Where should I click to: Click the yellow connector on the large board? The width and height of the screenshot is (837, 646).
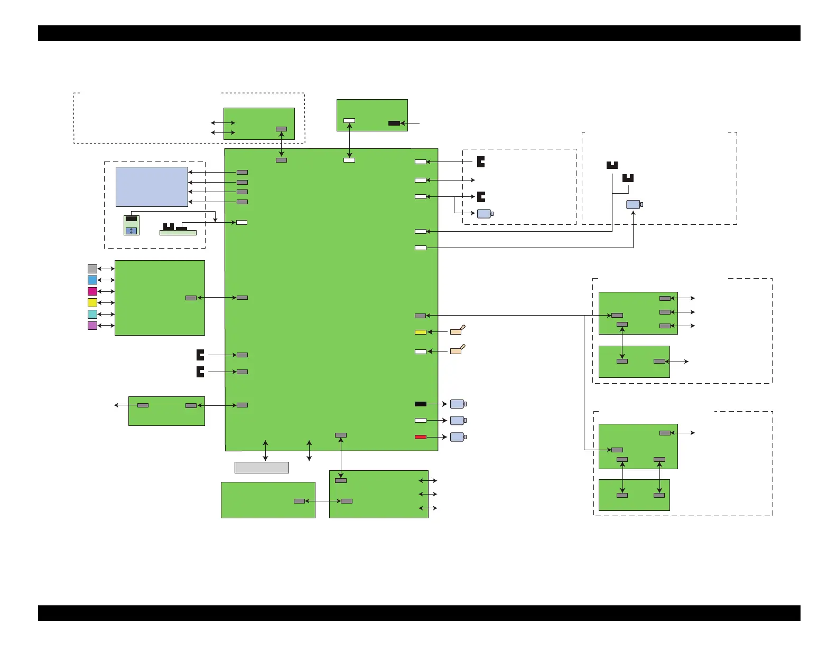421,332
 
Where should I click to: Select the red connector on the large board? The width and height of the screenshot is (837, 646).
421,437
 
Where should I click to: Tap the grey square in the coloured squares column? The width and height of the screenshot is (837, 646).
92,269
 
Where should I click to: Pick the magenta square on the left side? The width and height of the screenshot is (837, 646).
92,291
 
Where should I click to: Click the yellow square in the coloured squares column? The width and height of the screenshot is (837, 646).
92,303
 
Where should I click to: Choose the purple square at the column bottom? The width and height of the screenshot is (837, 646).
92,326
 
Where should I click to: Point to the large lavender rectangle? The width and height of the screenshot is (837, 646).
152,187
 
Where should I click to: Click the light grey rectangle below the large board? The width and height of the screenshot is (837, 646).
262,468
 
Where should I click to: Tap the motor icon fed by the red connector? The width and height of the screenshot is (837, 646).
458,437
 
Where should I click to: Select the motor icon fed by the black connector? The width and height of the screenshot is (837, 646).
458,404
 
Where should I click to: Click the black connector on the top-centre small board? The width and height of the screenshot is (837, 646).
394,123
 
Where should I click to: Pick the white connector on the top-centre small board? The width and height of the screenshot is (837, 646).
349,121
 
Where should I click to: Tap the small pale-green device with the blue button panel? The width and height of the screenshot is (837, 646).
132,225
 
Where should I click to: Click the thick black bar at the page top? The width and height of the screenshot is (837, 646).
418,33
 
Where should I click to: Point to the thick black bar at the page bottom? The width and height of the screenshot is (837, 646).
418,613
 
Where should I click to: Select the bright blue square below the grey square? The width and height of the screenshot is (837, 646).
92,280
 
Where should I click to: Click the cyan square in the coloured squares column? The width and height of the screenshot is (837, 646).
92,314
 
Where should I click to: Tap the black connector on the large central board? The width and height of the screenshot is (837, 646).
421,404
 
